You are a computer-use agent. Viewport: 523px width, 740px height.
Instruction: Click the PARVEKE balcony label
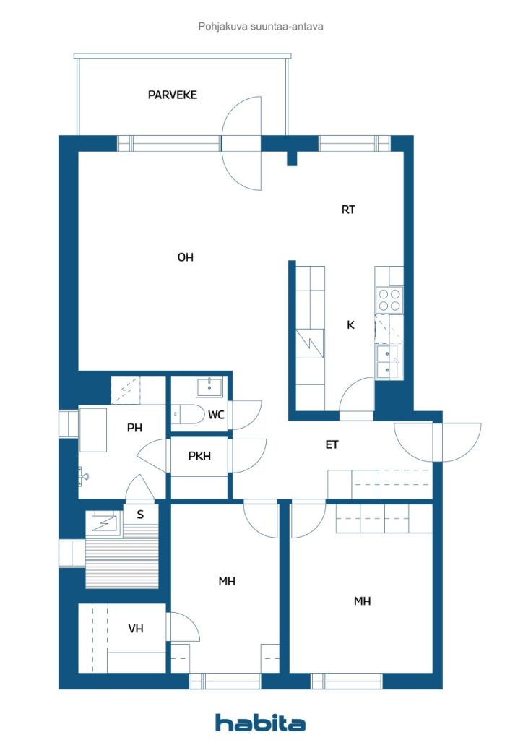point(172,95)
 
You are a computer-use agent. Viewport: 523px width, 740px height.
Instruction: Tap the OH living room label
point(186,257)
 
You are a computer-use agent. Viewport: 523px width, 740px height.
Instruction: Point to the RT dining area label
point(348,210)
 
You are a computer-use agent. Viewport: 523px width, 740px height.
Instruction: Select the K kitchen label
point(350,324)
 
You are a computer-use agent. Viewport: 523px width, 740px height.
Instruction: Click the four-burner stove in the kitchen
point(389,300)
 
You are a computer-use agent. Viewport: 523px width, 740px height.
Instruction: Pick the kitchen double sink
point(386,361)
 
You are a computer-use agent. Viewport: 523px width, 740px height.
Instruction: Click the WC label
point(216,415)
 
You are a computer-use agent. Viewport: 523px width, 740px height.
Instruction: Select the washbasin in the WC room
point(209,387)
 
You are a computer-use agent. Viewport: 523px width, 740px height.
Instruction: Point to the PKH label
point(199,456)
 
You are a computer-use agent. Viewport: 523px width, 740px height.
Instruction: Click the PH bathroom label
point(134,428)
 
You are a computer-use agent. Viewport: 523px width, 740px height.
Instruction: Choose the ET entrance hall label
point(332,444)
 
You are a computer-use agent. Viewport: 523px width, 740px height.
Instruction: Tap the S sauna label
point(140,515)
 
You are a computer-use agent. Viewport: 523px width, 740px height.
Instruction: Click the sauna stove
point(104,523)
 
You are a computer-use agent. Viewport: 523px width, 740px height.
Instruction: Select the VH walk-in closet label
point(136,629)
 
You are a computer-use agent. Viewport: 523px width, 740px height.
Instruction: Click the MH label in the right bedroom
point(362,601)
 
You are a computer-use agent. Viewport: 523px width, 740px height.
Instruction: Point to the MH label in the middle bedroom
point(227,582)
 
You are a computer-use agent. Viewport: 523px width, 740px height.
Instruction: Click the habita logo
point(260,723)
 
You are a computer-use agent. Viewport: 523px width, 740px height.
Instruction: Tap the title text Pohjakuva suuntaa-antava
point(261,27)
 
